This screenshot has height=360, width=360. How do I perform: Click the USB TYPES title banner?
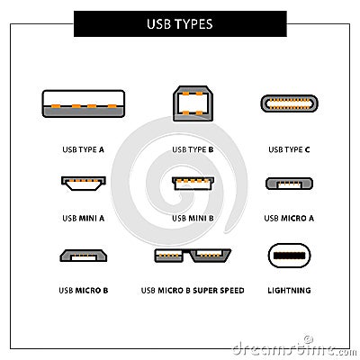[x=180, y=23]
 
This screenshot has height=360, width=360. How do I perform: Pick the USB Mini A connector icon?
[x=82, y=184]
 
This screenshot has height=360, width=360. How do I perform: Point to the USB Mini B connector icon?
[x=192, y=184]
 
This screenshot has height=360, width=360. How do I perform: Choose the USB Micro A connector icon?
[x=289, y=184]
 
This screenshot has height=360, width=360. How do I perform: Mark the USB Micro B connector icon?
[x=82, y=256]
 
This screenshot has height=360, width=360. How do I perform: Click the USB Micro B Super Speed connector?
[x=192, y=256]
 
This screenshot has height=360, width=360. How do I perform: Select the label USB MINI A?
[x=83, y=217]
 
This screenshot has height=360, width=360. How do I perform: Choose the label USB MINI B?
[x=192, y=217]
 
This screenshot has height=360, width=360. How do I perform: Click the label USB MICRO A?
[x=289, y=217]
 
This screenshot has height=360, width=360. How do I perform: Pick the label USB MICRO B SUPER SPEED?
[x=192, y=291]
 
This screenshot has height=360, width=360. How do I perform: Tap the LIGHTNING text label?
[x=289, y=291]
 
